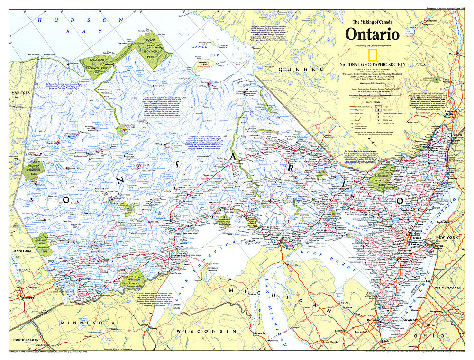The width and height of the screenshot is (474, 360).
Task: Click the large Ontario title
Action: [372, 35]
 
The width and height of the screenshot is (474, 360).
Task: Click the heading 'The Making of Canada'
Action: [372, 22]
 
